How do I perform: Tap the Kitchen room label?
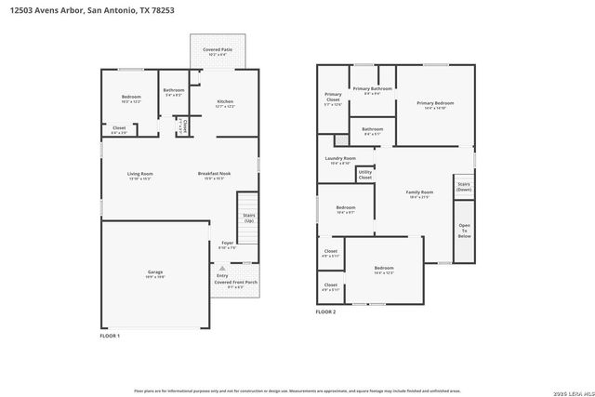click(225, 102)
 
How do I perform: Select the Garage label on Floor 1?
click(154, 272)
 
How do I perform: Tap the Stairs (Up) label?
click(248, 218)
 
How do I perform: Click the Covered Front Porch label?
click(235, 282)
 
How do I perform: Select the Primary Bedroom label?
click(435, 103)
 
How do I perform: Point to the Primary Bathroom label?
click(372, 89)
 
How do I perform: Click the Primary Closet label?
click(333, 97)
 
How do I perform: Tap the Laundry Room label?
click(340, 159)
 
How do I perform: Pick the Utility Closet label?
click(364, 173)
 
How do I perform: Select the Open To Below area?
click(464, 231)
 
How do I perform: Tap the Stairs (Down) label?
click(463, 186)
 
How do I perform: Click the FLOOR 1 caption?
click(110, 335)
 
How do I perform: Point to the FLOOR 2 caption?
click(325, 312)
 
